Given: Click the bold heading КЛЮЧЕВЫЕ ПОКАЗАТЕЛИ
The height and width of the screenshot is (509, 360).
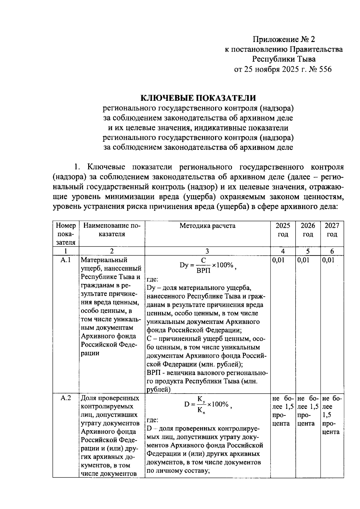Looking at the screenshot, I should click(x=198, y=98).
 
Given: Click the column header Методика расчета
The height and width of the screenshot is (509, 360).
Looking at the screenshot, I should click(x=207, y=226).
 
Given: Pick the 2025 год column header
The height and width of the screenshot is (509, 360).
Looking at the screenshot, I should click(x=283, y=230).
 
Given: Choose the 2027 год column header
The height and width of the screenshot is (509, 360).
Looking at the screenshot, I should click(x=331, y=230).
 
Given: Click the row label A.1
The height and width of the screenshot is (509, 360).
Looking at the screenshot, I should click(x=65, y=260).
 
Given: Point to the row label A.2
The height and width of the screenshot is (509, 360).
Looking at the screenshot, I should click(x=65, y=398).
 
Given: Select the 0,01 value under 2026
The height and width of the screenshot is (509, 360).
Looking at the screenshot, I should click(x=303, y=260).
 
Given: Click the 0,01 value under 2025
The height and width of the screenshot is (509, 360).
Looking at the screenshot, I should click(x=278, y=260).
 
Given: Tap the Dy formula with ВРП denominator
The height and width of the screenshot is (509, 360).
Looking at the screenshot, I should click(x=207, y=266).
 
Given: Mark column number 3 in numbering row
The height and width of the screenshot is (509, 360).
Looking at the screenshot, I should click(x=207, y=251).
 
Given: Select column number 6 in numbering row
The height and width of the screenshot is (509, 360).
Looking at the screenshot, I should click(x=331, y=251).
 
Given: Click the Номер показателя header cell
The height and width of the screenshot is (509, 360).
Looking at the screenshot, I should click(x=65, y=234).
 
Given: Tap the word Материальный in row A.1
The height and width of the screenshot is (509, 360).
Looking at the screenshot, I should click(x=104, y=260).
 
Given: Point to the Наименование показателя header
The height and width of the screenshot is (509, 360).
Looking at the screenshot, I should click(x=112, y=230).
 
